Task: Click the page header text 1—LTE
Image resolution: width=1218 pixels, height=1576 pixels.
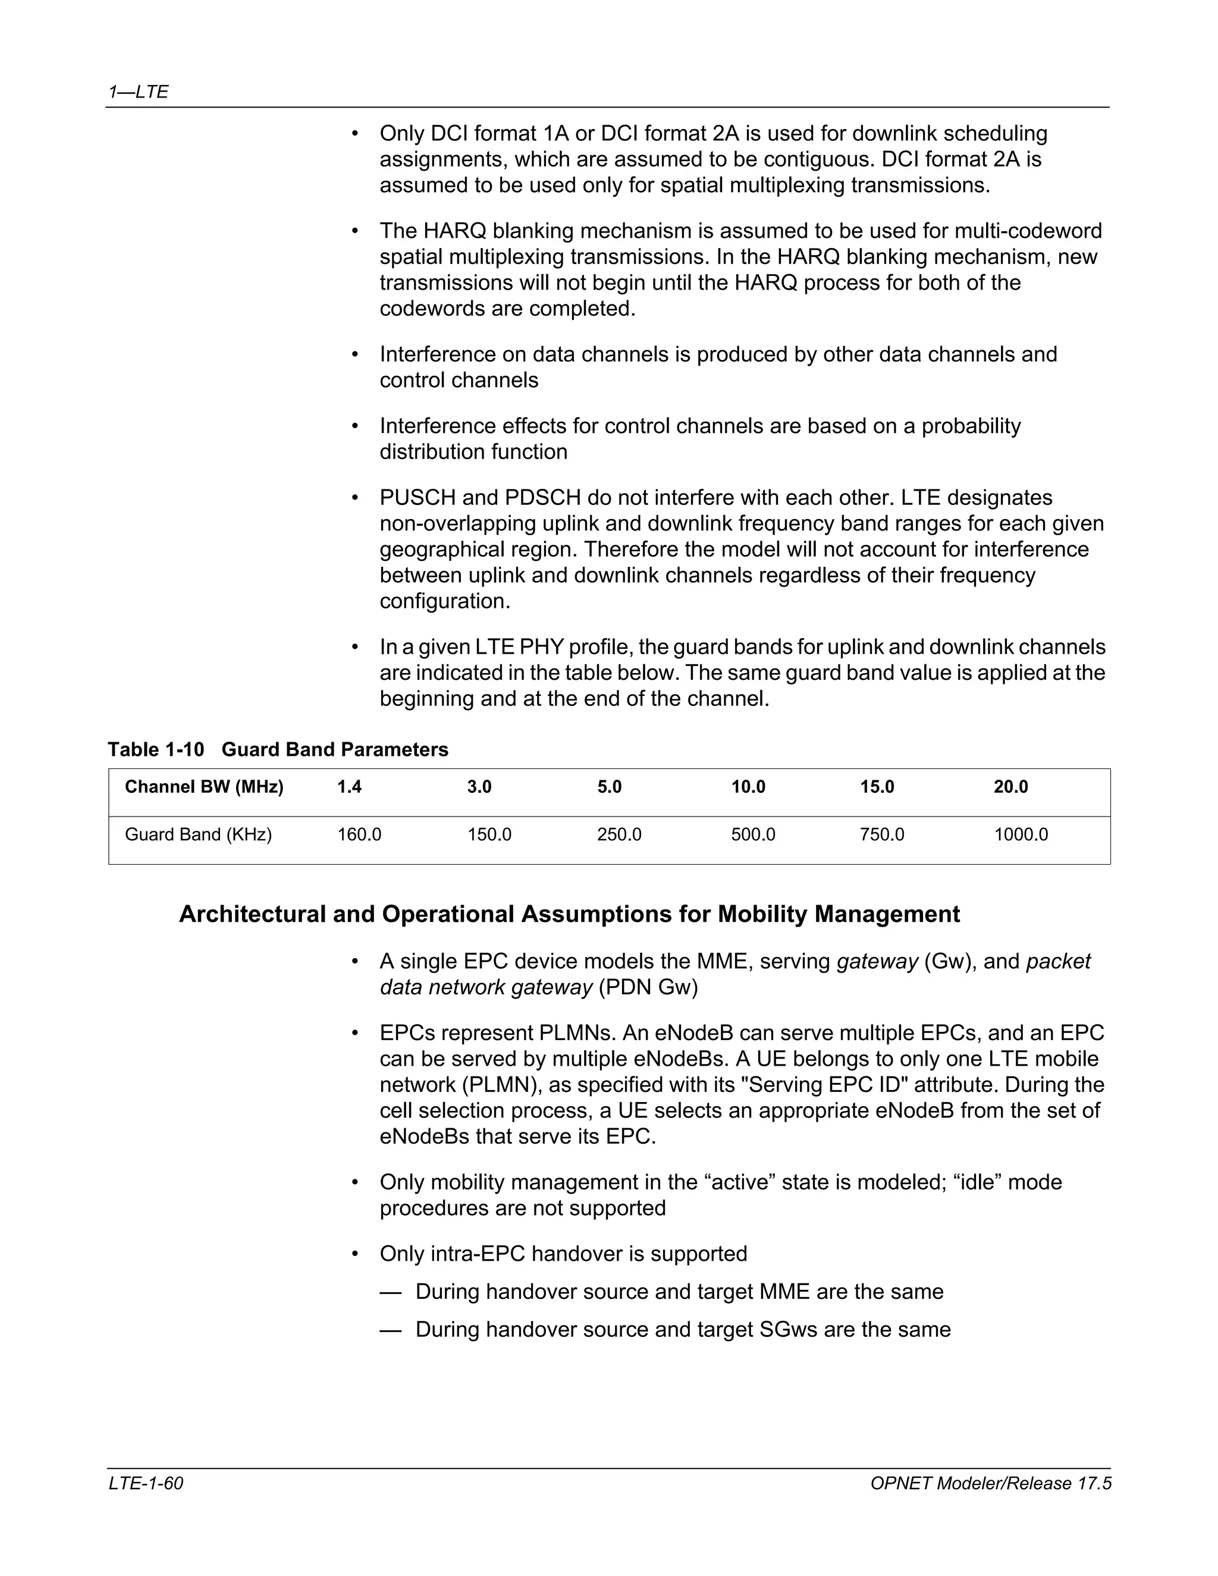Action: (138, 92)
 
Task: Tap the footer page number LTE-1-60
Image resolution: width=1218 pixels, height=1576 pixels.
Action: (146, 1483)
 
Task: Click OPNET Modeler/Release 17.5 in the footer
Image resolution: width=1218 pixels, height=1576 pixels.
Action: (990, 1483)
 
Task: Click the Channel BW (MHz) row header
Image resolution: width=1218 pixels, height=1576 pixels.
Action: (204, 787)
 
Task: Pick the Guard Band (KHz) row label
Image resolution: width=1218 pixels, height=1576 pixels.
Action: (199, 834)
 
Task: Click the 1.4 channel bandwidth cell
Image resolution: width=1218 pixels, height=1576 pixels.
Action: (349, 787)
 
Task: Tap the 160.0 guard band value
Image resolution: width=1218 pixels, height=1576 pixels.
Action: (359, 834)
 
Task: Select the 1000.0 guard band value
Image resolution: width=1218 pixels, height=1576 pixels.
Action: (1021, 834)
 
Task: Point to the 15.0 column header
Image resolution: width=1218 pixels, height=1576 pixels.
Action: (877, 787)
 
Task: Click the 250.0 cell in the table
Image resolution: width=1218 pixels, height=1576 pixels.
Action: (619, 834)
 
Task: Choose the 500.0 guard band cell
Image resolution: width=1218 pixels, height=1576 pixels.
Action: (754, 834)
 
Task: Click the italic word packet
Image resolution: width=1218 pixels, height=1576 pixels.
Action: (1058, 961)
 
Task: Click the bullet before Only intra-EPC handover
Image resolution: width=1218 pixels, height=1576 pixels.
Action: (354, 1254)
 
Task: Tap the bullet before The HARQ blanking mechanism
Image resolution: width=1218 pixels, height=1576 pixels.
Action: (354, 231)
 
